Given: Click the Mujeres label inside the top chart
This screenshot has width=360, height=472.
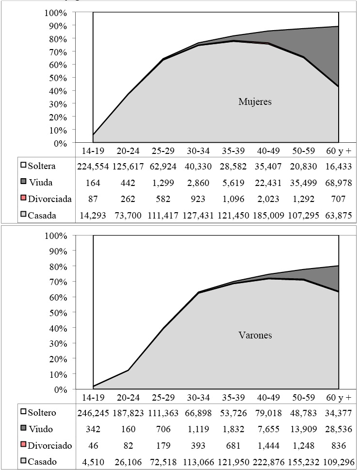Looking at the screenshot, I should [255, 102].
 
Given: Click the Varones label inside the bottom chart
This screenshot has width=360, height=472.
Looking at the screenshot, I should [254, 336].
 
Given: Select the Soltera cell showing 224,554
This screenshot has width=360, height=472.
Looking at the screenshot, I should [93, 166].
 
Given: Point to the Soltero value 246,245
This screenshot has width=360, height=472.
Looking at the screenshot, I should [93, 413].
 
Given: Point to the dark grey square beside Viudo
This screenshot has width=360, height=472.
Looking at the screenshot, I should [23, 429].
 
